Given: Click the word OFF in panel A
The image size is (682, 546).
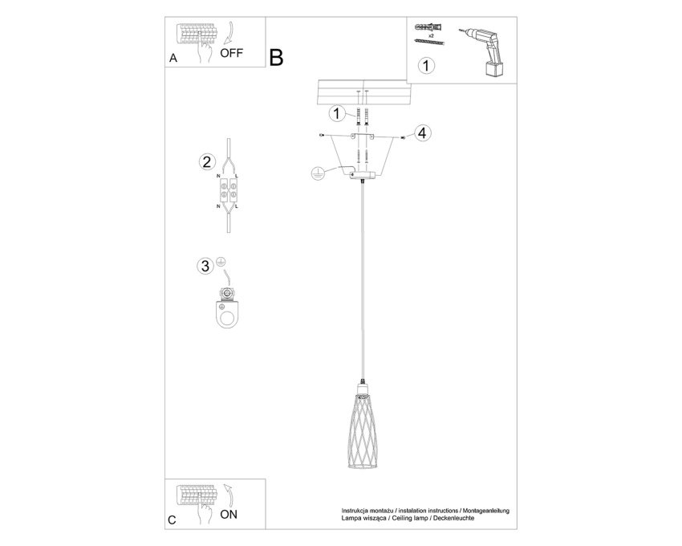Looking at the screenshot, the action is [x=231, y=53].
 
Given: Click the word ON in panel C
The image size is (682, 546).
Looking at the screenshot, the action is [x=229, y=514].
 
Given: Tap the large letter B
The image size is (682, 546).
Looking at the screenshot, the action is [x=276, y=58].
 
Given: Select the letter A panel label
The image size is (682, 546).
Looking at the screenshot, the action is [x=173, y=59].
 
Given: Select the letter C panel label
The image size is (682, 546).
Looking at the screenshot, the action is [x=173, y=520].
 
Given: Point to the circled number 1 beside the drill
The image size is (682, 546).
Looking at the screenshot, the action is [x=426, y=65].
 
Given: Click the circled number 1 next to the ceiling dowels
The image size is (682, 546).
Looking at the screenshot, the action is [x=336, y=114].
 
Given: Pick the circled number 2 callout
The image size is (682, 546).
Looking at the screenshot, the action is [x=206, y=161].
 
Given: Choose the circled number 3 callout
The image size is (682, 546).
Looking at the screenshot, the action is [x=205, y=266].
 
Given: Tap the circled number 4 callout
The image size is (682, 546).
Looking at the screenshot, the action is [x=422, y=132].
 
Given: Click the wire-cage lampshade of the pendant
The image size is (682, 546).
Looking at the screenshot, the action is [x=363, y=431].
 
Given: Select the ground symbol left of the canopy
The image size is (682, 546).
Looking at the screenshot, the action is [x=318, y=173].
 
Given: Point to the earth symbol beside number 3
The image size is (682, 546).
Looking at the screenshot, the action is [x=221, y=262].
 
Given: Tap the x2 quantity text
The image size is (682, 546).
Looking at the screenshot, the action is [x=431, y=35].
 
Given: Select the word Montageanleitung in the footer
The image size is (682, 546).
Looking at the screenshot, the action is [x=486, y=511].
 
